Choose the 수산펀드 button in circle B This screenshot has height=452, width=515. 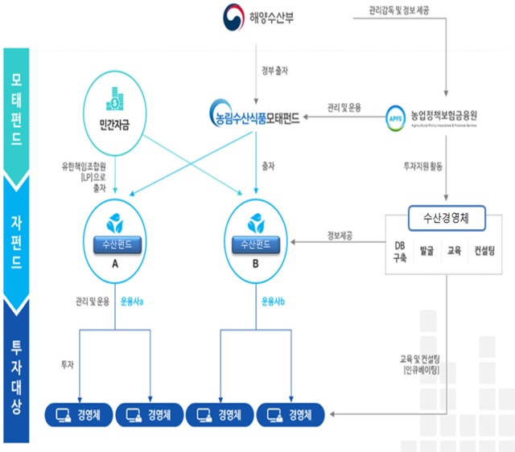tap(256, 243)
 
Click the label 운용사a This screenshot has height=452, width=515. tap(131, 302)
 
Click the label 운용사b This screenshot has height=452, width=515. tap(273, 302)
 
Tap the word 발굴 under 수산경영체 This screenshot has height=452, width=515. tap(426, 252)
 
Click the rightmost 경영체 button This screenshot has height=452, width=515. tap(290, 414)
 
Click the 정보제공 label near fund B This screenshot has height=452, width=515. tap(344, 236)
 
